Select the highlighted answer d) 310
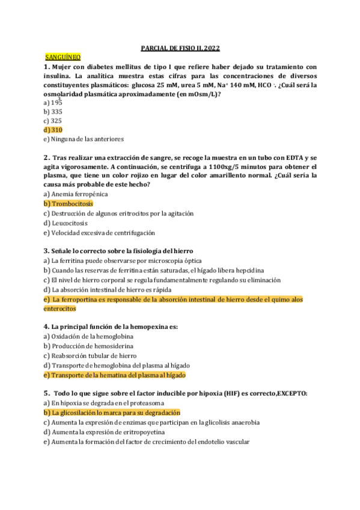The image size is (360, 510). click(53, 129)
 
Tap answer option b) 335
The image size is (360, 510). click(53, 111)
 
